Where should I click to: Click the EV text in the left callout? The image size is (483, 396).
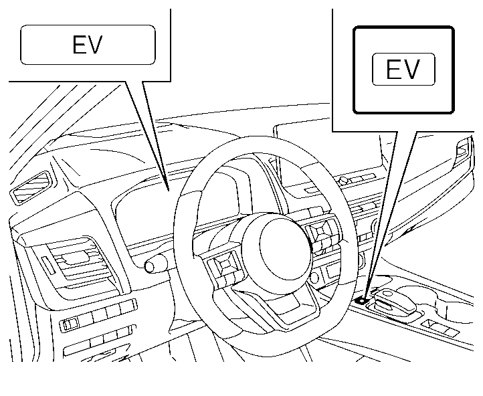87,45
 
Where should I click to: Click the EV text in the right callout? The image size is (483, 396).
403,70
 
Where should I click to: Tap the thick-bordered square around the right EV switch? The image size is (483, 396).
403,69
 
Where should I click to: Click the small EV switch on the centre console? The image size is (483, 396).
362,300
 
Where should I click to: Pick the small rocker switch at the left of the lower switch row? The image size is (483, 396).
69,324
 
